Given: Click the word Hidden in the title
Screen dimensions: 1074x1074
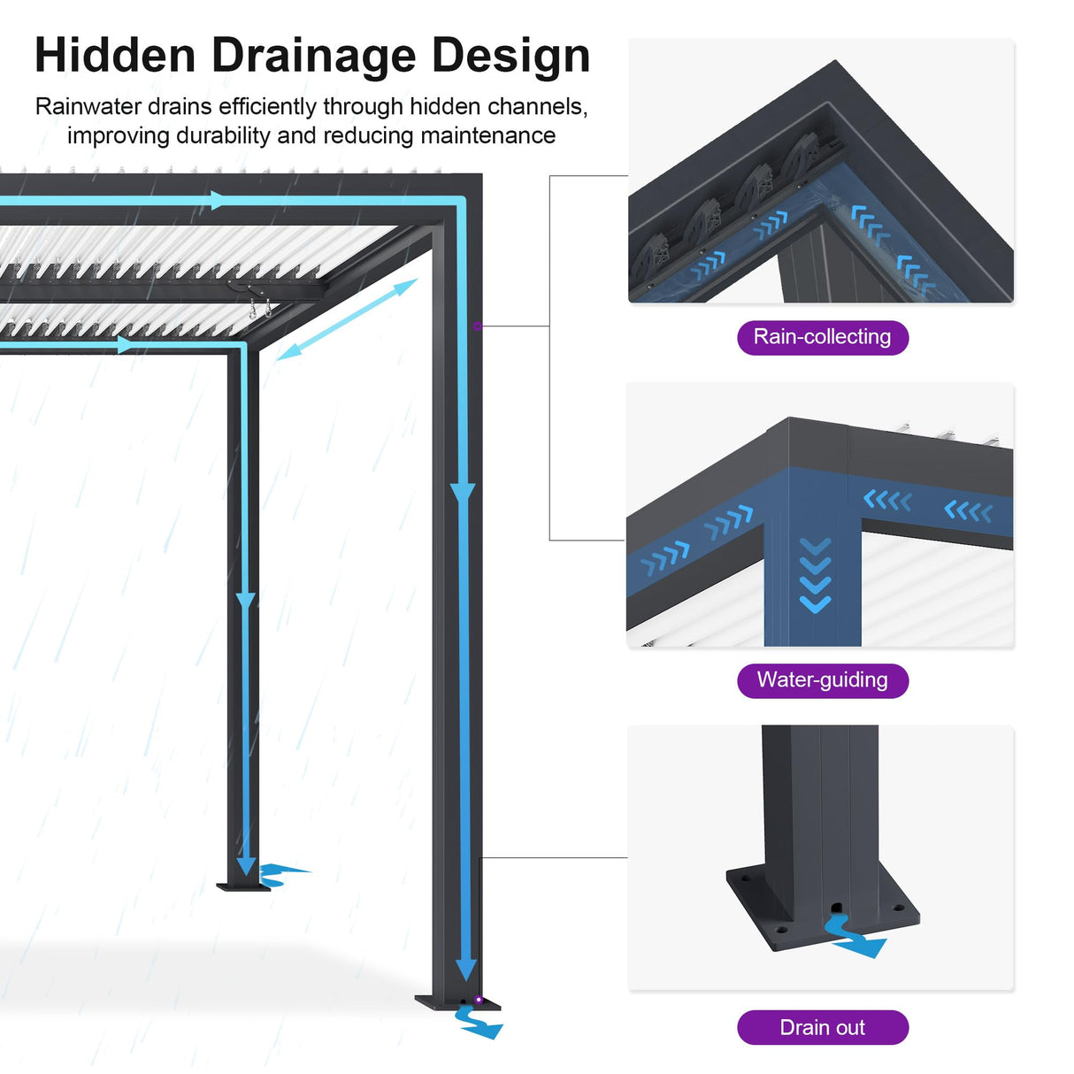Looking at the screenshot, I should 115,56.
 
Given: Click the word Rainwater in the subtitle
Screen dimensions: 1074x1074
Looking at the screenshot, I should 88,107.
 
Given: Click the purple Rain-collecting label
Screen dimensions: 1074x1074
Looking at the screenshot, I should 822,337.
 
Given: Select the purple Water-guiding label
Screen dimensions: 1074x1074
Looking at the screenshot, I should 822,680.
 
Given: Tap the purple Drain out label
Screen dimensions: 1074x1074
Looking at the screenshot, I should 822,1028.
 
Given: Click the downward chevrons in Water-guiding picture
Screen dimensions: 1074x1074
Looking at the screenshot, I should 815,575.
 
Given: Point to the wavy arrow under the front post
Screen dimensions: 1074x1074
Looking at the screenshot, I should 479,1024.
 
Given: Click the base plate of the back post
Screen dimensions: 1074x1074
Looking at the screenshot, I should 242,886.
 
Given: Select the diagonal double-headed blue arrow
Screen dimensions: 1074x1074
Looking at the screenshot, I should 346,319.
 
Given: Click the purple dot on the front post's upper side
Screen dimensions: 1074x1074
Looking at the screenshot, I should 477,326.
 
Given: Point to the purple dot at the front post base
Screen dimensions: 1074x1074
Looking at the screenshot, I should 479,1000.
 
